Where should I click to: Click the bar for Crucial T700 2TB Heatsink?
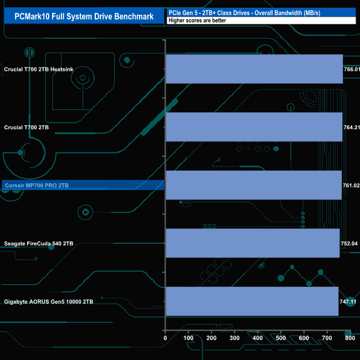[x=254, y=69]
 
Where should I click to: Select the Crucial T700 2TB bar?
[x=254, y=127]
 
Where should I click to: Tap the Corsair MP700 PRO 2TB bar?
[x=254, y=185]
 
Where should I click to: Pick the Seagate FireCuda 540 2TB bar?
[x=253, y=243]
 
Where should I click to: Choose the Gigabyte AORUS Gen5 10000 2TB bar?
[x=252, y=301]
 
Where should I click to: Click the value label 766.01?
[x=352, y=69]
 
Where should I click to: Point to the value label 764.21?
[x=352, y=127]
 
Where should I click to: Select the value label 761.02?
[x=352, y=186]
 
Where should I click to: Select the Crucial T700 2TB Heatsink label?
[x=46, y=69]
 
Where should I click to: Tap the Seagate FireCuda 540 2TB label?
[x=38, y=243]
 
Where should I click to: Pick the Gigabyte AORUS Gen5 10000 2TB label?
[x=48, y=301]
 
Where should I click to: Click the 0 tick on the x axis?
[x=165, y=338]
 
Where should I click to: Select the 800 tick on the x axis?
[x=349, y=338]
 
